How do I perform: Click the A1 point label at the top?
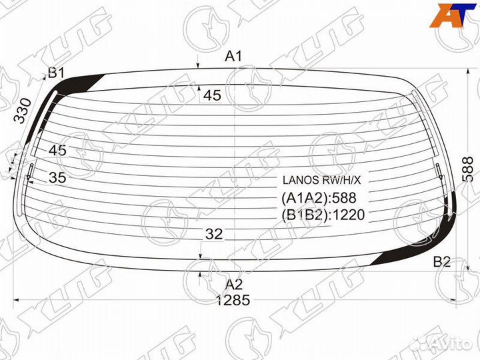pyautogui.click(x=233, y=56)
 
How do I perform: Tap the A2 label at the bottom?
pyautogui.click(x=233, y=285)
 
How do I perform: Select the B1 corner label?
pyautogui.click(x=56, y=73)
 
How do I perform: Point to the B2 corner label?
pyautogui.click(x=442, y=262)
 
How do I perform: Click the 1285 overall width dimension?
pyautogui.click(x=233, y=300)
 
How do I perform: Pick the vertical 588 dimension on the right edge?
pyautogui.click(x=469, y=169)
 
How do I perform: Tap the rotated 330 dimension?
pyautogui.click(x=23, y=111)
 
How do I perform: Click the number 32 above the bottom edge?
pyautogui.click(x=214, y=234)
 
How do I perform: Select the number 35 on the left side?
pyautogui.click(x=57, y=177)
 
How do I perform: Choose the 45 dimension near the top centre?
pyautogui.click(x=212, y=95)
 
